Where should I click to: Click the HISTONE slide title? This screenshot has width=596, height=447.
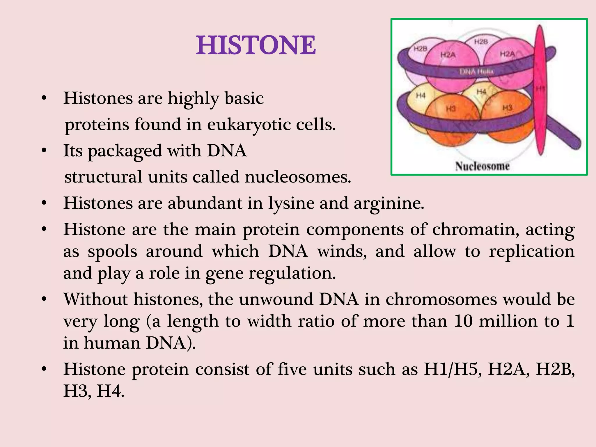256,45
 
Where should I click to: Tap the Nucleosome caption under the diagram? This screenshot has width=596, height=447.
482,166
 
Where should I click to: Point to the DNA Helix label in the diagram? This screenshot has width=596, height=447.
476,72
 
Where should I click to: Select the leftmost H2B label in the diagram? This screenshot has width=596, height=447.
420,49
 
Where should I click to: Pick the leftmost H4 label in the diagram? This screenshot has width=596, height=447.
421,95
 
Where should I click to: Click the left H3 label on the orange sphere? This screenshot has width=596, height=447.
451,109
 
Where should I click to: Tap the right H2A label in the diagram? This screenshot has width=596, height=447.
508,54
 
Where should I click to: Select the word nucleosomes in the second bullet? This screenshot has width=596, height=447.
298,177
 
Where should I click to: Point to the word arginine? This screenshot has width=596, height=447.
389,203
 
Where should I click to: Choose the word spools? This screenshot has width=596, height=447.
112,251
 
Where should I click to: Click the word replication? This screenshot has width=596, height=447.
531,251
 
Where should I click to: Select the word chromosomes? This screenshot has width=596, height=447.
441,299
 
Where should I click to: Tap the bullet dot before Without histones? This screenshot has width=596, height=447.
44,299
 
